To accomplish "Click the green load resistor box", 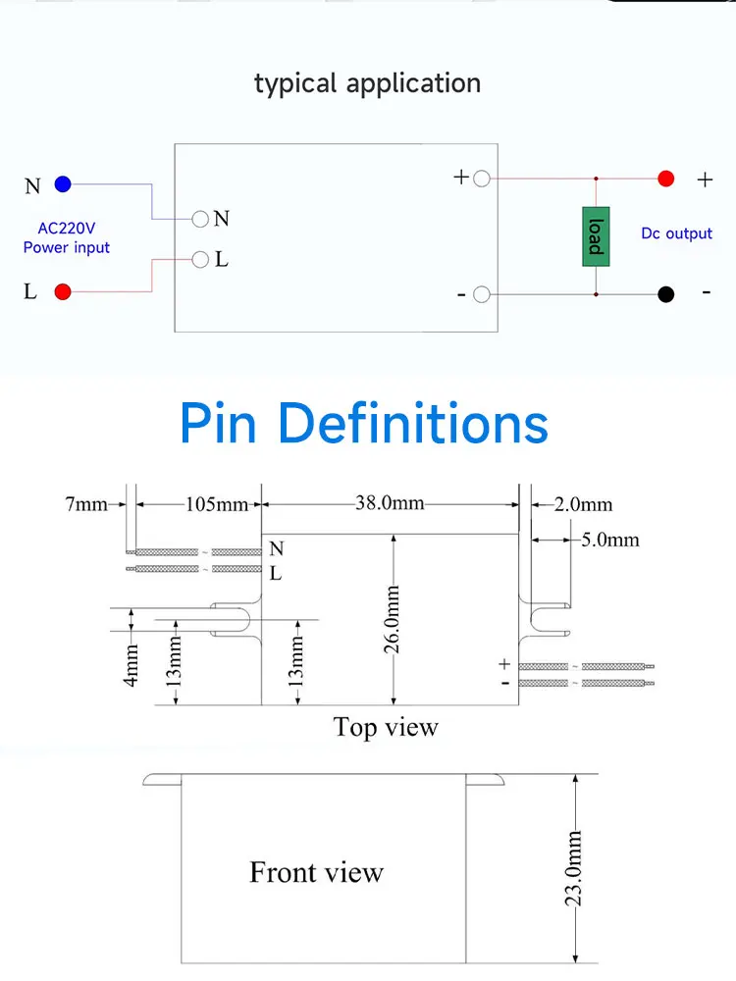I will tap(595, 236).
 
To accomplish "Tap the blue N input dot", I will tap(63, 183).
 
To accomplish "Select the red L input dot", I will tap(63, 291).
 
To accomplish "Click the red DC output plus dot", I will tap(665, 179).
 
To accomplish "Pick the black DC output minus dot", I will tap(665, 293).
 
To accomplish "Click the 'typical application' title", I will tap(367, 82).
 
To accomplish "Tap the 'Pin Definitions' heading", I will tap(364, 424).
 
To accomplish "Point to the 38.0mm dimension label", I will tap(390, 503).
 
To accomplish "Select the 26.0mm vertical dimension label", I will tap(393, 619).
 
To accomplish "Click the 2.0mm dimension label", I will tap(582, 505).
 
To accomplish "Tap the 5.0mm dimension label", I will tap(609, 540).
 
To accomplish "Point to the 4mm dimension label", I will tap(131, 663).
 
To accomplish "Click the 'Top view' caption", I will tap(386, 727).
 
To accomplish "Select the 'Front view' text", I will tap(316, 872).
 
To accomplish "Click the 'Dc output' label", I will tap(676, 233).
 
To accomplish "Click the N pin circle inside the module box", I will tap(200, 219).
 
